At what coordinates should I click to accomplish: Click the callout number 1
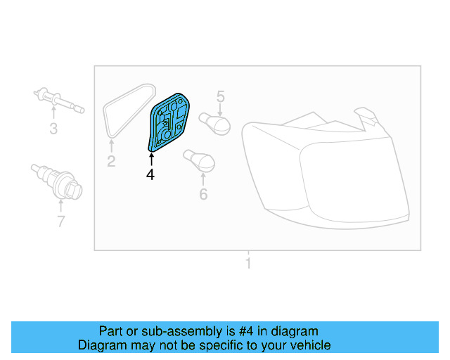[x=247, y=264]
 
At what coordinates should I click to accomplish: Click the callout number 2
[x=111, y=162]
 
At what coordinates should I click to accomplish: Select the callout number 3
[x=53, y=128]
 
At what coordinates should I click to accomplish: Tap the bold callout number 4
[x=150, y=175]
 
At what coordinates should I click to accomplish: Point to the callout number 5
[x=220, y=96]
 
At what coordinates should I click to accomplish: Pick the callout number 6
[x=203, y=194]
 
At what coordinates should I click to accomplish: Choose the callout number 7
[x=60, y=222]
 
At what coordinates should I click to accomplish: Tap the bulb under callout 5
[x=215, y=124]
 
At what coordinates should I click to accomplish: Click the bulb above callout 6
[x=198, y=161]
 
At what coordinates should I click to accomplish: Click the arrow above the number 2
[x=111, y=146]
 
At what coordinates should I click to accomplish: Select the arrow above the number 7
[x=60, y=206]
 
